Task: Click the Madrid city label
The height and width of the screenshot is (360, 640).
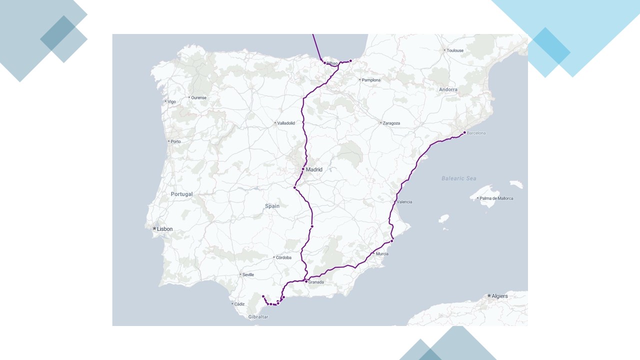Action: pos(314,169)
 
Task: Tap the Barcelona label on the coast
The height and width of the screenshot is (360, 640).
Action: pos(476,133)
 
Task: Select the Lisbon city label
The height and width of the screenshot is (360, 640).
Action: pos(164,229)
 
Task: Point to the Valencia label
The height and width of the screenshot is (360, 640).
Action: pos(404,202)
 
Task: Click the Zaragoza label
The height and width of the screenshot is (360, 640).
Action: pos(391,123)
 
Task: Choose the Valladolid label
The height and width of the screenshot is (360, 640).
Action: pos(286,123)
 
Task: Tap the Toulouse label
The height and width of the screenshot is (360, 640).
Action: pos(455,50)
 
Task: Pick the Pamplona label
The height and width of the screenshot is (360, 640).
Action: pos(371,80)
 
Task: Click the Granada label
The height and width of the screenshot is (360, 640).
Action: pos(316,282)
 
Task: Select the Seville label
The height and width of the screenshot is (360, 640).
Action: pos(248,274)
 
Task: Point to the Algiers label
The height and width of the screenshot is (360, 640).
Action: pos(499,296)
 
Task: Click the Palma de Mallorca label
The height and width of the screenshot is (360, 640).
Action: pos(496,198)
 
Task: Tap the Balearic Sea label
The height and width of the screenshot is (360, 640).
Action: pos(459,178)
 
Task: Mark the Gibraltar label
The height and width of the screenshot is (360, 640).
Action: pos(258,317)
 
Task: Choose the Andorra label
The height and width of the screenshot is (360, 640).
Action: pos(448,90)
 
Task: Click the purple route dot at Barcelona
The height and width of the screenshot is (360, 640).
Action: pos(464,132)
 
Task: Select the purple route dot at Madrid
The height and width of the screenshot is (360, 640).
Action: pos(303,169)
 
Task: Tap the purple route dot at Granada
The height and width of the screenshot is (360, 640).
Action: pos(306,281)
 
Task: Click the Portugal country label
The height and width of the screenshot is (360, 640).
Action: pos(181,194)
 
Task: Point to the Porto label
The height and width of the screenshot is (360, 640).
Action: pos(175,141)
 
